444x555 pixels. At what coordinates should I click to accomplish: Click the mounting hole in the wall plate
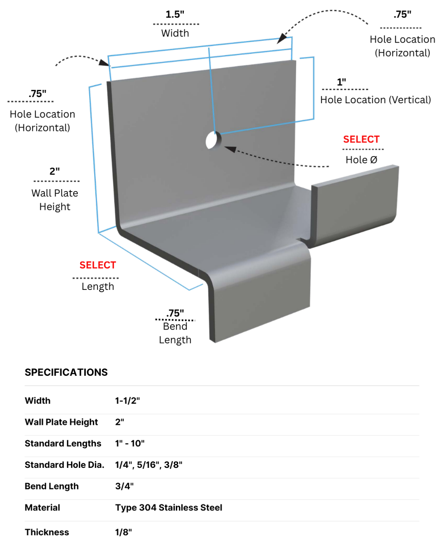pyautogui.click(x=214, y=140)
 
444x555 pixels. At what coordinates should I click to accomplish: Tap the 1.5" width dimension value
pyautogui.click(x=175, y=14)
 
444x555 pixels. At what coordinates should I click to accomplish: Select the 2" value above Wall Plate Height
pyautogui.click(x=55, y=171)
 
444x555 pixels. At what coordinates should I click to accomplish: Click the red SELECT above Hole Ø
pyautogui.click(x=361, y=139)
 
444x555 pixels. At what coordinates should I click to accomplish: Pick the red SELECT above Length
pyautogui.click(x=97, y=265)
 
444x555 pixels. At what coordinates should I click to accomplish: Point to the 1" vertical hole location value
pyautogui.click(x=341, y=82)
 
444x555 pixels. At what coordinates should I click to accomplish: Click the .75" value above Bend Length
pyautogui.click(x=175, y=313)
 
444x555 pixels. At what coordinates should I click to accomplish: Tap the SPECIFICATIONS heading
pyautogui.click(x=66, y=372)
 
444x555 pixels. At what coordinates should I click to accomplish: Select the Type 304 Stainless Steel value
pyautogui.click(x=169, y=508)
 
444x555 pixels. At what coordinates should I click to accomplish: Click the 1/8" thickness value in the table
pyautogui.click(x=123, y=532)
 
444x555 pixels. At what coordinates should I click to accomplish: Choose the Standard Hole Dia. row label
pyautogui.click(x=64, y=465)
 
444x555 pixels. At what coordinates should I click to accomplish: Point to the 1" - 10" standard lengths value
pyautogui.click(x=130, y=444)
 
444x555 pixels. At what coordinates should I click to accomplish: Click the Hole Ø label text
pyautogui.click(x=361, y=160)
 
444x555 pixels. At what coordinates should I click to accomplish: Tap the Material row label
pyautogui.click(x=42, y=508)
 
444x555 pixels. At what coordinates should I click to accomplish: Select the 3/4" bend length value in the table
pyautogui.click(x=124, y=486)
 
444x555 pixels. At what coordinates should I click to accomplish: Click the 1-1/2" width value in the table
pyautogui.click(x=128, y=401)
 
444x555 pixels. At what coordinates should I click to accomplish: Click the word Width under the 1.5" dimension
pyautogui.click(x=175, y=33)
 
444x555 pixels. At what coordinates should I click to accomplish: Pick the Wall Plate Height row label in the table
pyautogui.click(x=61, y=422)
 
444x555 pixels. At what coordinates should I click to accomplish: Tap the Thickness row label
pyautogui.click(x=47, y=532)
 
